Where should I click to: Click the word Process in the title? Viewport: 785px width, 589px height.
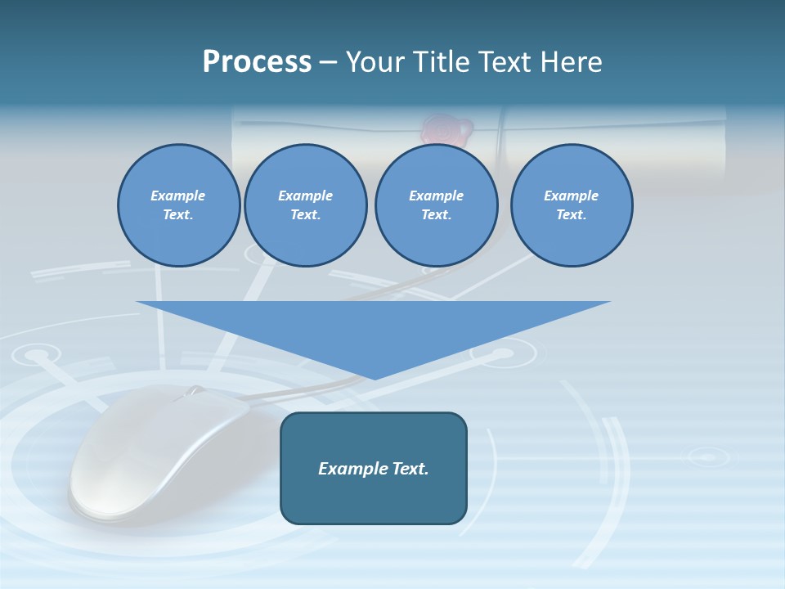tap(257, 62)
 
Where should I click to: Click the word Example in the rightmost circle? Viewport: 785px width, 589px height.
tap(571, 196)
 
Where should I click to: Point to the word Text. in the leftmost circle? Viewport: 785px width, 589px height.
tap(178, 215)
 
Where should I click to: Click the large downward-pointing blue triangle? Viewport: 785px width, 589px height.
tap(374, 327)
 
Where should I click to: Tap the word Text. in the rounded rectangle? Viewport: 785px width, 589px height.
tap(410, 469)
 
